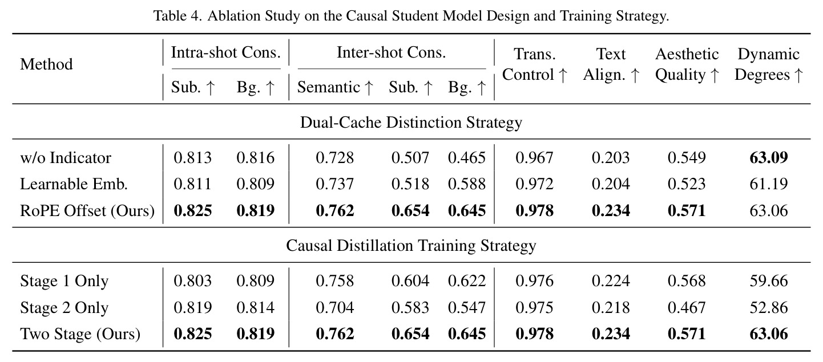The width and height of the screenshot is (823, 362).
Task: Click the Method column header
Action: point(46,64)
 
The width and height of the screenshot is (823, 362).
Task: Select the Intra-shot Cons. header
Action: point(225,52)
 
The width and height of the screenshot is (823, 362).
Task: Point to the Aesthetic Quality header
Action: point(687,64)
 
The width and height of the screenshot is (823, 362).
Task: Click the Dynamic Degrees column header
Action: point(769,64)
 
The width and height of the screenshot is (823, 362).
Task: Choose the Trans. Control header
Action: point(535,64)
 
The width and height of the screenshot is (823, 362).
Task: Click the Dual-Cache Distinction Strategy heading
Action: point(411,122)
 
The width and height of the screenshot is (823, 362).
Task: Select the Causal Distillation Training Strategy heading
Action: point(411,245)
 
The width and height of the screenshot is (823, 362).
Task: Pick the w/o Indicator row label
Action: point(66,158)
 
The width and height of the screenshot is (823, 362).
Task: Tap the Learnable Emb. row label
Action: point(74,184)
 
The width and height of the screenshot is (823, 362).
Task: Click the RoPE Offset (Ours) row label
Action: point(87,211)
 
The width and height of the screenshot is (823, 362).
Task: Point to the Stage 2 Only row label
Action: point(64,308)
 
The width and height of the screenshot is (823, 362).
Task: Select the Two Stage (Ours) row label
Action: point(80,334)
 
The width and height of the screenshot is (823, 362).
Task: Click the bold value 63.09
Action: point(769,158)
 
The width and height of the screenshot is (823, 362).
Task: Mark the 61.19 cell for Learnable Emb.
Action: point(769,184)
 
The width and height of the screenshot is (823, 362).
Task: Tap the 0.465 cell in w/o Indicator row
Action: point(467,158)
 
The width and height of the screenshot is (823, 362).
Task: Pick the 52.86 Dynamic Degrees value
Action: point(769,308)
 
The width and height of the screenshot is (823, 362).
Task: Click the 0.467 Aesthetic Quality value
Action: point(687,308)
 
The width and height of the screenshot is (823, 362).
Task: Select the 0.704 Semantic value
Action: point(334,308)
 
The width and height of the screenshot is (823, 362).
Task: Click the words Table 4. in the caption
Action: point(177,16)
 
